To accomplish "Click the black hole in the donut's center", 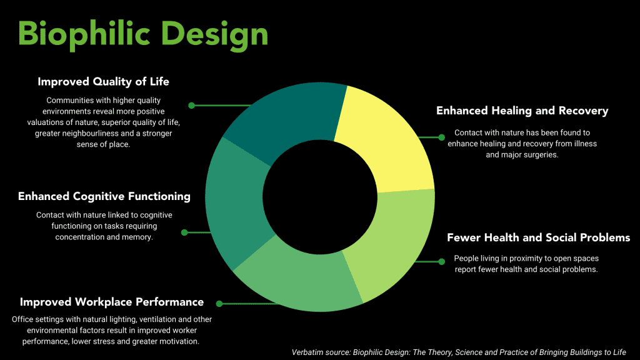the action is [320, 197].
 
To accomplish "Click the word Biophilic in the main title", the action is [84, 34].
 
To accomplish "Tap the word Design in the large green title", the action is [215, 34].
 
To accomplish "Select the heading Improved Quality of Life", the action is [103, 82].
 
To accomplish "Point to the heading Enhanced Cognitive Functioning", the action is [104, 196].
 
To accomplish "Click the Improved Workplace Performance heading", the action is [112, 302].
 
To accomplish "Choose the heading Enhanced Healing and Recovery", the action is [522, 111].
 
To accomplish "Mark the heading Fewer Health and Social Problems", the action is [538, 237].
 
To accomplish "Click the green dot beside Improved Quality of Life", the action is [191, 105].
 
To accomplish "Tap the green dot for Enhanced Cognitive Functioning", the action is [184, 232].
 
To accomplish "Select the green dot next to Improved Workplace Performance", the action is [219, 304].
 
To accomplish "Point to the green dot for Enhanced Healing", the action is [442, 137].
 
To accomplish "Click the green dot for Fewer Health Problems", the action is [442, 262].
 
